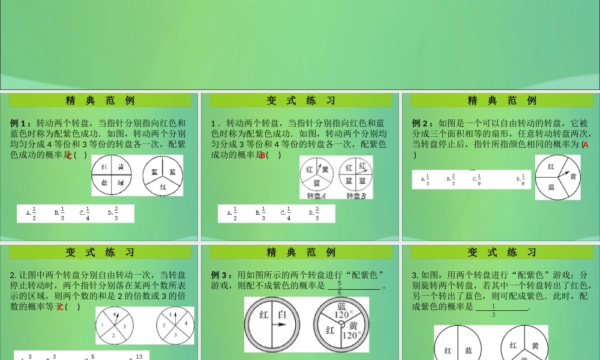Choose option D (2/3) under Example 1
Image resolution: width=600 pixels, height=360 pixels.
click(113, 213)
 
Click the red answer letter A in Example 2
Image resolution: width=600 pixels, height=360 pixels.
click(586, 145)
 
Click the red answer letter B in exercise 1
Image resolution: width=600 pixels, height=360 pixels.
click(263, 155)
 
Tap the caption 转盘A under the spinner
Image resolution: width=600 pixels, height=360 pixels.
click(316, 196)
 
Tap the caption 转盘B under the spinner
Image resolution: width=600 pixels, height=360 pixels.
click(355, 196)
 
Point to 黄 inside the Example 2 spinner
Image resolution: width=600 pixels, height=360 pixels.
click(573, 176)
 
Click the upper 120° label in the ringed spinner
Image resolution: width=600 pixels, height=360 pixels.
click(342, 314)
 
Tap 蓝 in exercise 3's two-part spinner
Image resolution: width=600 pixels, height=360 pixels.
click(472, 351)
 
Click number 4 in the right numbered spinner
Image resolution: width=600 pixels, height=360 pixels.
click(185, 323)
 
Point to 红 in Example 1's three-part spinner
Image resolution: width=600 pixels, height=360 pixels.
click(163, 187)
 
